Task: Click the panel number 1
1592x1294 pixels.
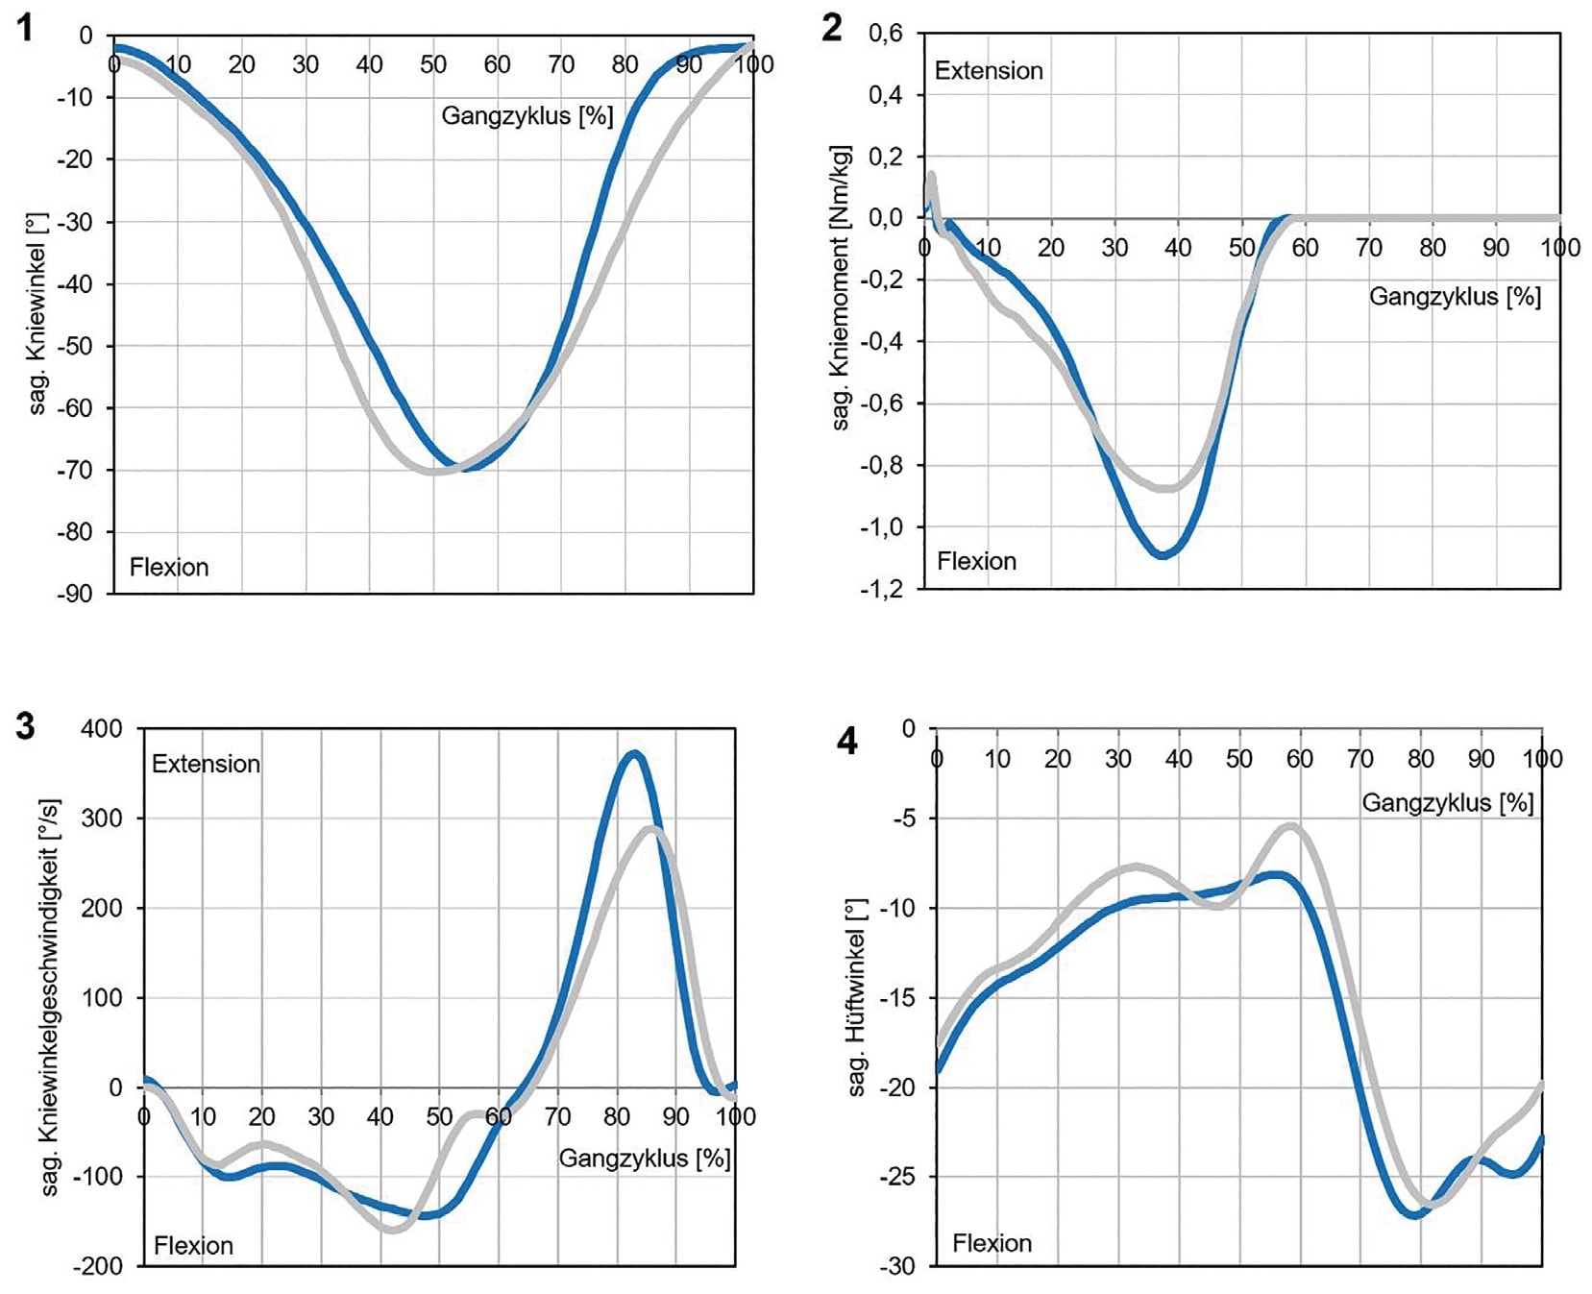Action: point(26,28)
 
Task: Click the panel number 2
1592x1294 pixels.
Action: point(832,28)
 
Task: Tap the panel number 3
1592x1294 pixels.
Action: point(26,726)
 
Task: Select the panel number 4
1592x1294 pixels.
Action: point(847,742)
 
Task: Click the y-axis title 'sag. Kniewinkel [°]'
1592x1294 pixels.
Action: point(37,314)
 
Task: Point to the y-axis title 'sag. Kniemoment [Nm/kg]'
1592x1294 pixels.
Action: point(841,288)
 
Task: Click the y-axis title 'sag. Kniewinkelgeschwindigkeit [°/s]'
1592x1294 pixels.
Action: point(50,996)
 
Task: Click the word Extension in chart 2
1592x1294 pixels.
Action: point(989,71)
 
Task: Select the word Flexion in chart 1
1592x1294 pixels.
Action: point(169,567)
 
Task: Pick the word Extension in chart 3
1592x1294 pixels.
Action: point(206,764)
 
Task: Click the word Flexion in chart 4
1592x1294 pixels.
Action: point(992,1243)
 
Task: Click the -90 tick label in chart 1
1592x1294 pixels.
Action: point(74,594)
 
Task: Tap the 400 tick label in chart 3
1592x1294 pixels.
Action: point(102,728)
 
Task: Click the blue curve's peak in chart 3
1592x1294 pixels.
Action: point(633,754)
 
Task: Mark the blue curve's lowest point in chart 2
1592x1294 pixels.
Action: point(1163,554)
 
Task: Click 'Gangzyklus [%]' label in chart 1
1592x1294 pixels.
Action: point(527,116)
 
